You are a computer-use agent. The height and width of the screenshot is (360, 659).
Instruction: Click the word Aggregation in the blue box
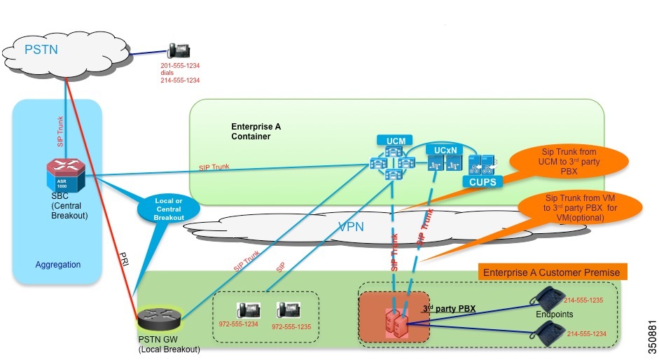pos(58,265)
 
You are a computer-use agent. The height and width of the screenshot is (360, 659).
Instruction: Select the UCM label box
pos(391,141)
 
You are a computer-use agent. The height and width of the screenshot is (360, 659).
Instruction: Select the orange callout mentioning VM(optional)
pos(581,208)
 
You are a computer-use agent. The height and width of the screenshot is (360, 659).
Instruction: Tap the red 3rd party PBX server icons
pos(395,322)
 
